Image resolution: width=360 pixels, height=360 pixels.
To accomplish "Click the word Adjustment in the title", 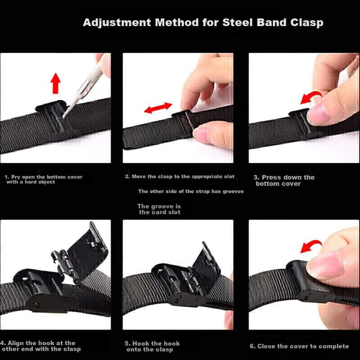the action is pyautogui.click(x=117, y=23).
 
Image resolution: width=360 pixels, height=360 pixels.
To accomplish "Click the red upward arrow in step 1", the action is pyautogui.click(x=55, y=83).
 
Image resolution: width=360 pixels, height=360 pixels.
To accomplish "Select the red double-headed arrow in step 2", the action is pyautogui.click(x=158, y=108).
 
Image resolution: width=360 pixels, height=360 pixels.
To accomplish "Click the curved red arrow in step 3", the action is pyautogui.click(x=310, y=96).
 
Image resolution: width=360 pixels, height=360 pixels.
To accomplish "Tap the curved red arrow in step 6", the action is pyautogui.click(x=310, y=246).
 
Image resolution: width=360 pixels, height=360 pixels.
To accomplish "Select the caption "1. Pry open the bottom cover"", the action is pyautogui.click(x=44, y=177).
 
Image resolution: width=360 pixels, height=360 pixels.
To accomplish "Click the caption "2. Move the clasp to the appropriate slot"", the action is pyautogui.click(x=180, y=176).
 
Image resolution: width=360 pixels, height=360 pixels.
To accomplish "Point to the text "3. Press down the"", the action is pyautogui.click(x=284, y=177).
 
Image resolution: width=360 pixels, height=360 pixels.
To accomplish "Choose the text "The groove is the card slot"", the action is pyautogui.click(x=159, y=209).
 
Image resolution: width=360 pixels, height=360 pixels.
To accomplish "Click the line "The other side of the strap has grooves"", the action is pyautogui.click(x=191, y=191).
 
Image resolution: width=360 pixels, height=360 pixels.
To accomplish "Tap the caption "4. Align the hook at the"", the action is pyautogui.click(x=38, y=343).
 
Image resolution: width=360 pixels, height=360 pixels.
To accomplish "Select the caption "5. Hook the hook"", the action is pyautogui.click(x=152, y=343).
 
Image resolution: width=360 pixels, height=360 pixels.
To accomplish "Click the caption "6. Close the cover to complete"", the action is pyautogui.click(x=299, y=346).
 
